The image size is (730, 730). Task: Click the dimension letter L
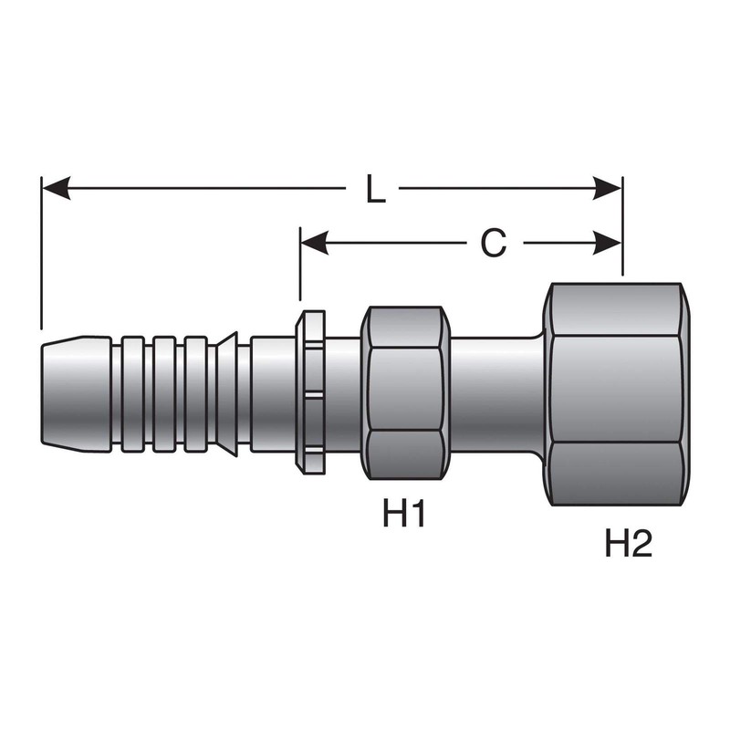pos(374,189)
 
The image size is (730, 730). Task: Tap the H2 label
pos(630,545)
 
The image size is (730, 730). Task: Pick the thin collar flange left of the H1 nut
pos(311,393)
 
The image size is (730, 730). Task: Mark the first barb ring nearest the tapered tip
pos(133,393)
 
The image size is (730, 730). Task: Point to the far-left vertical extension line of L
pos(41,255)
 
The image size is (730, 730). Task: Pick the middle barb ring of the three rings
pos(165,393)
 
